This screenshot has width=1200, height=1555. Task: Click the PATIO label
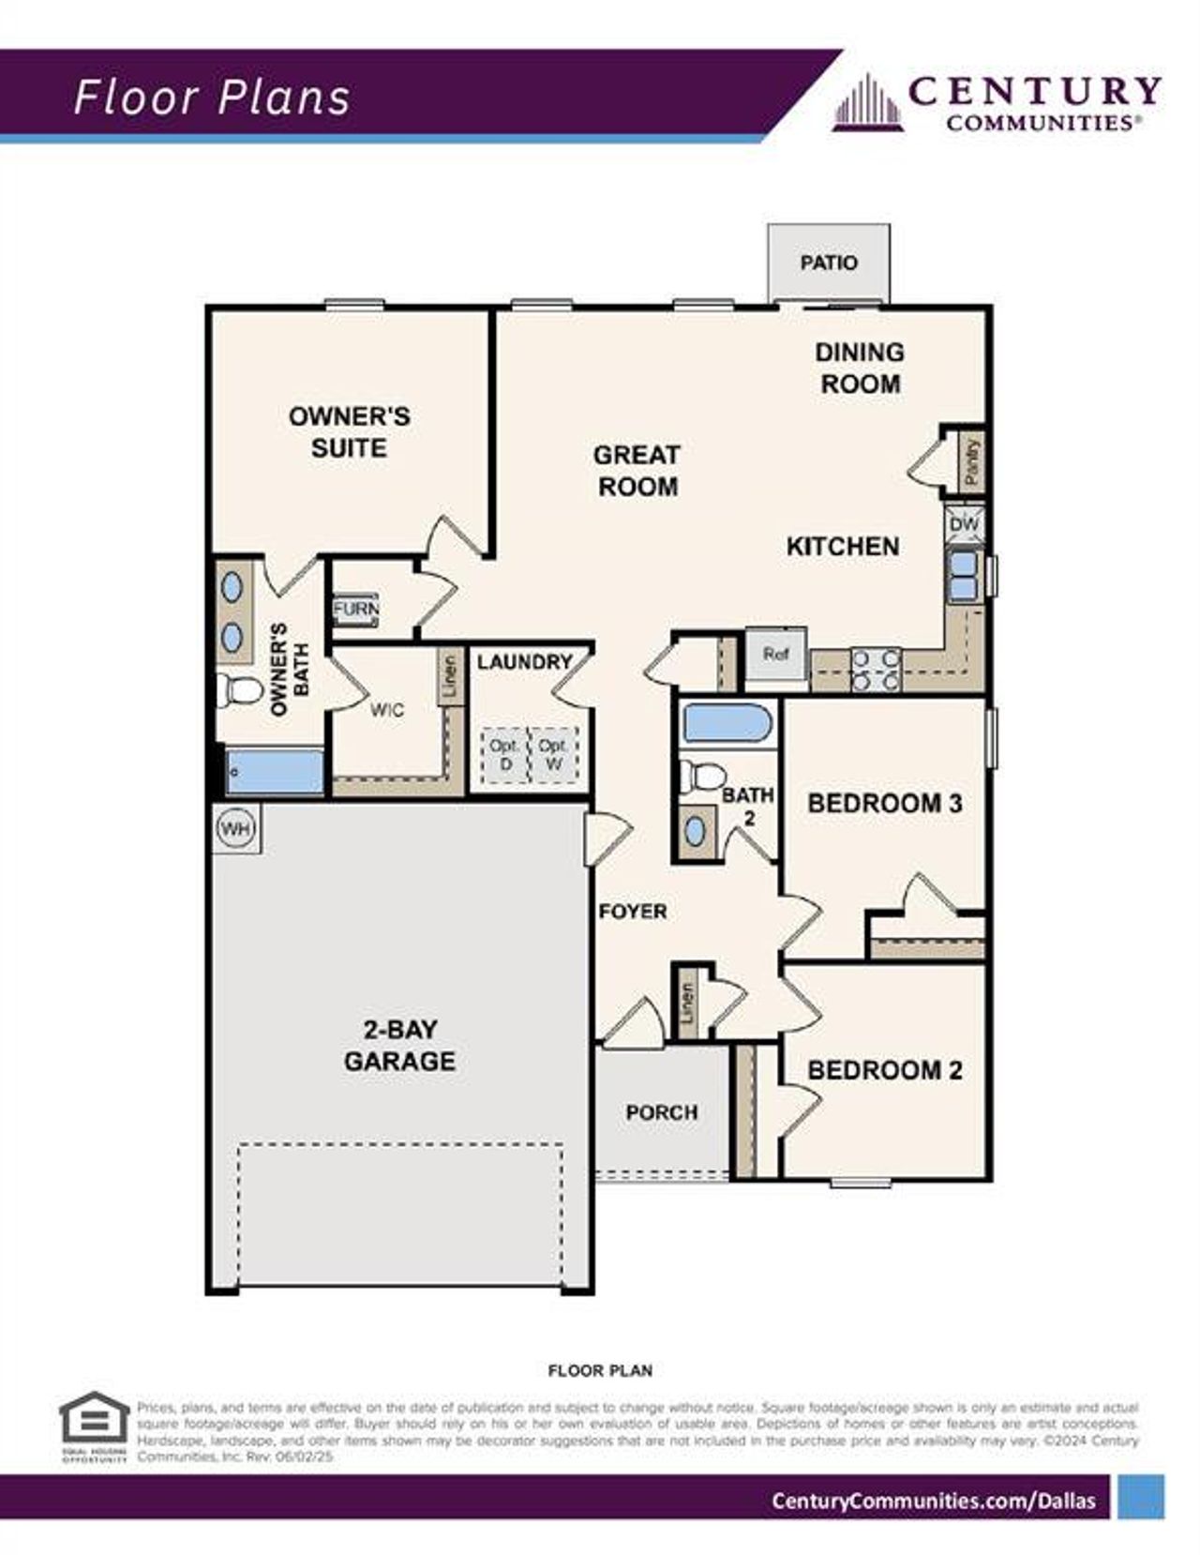click(x=829, y=263)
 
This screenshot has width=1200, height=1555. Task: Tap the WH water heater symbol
click(x=236, y=829)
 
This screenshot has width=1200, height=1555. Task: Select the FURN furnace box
click(x=356, y=609)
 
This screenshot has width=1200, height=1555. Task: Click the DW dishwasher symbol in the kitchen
click(x=964, y=525)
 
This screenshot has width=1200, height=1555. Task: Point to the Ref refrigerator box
click(x=775, y=654)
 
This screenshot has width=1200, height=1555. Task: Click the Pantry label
click(x=971, y=461)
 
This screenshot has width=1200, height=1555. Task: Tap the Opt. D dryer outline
click(x=504, y=755)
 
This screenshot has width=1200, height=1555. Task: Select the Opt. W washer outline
click(x=553, y=755)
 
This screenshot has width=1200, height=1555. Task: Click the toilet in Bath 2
click(x=702, y=776)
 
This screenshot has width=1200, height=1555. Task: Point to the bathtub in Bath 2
click(x=727, y=724)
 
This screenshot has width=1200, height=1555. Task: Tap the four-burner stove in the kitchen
click(x=876, y=670)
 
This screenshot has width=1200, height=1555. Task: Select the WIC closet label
click(x=386, y=710)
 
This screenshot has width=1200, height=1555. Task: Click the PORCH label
click(x=662, y=1112)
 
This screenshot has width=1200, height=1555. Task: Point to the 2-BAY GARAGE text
click(x=399, y=1045)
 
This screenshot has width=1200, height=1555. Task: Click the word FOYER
click(x=633, y=911)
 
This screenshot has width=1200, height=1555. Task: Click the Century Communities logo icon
click(x=868, y=103)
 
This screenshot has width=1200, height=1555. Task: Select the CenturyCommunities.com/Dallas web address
click(x=933, y=1501)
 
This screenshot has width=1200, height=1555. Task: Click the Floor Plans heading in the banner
click(x=212, y=98)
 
